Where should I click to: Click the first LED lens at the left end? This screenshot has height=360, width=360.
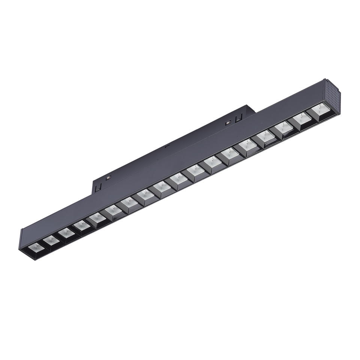tap(36, 247)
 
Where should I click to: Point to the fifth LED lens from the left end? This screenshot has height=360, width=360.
tap(97, 217)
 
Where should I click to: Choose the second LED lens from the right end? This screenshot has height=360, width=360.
tap(303, 118)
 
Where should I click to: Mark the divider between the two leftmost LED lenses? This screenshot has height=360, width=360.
tap(44, 244)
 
